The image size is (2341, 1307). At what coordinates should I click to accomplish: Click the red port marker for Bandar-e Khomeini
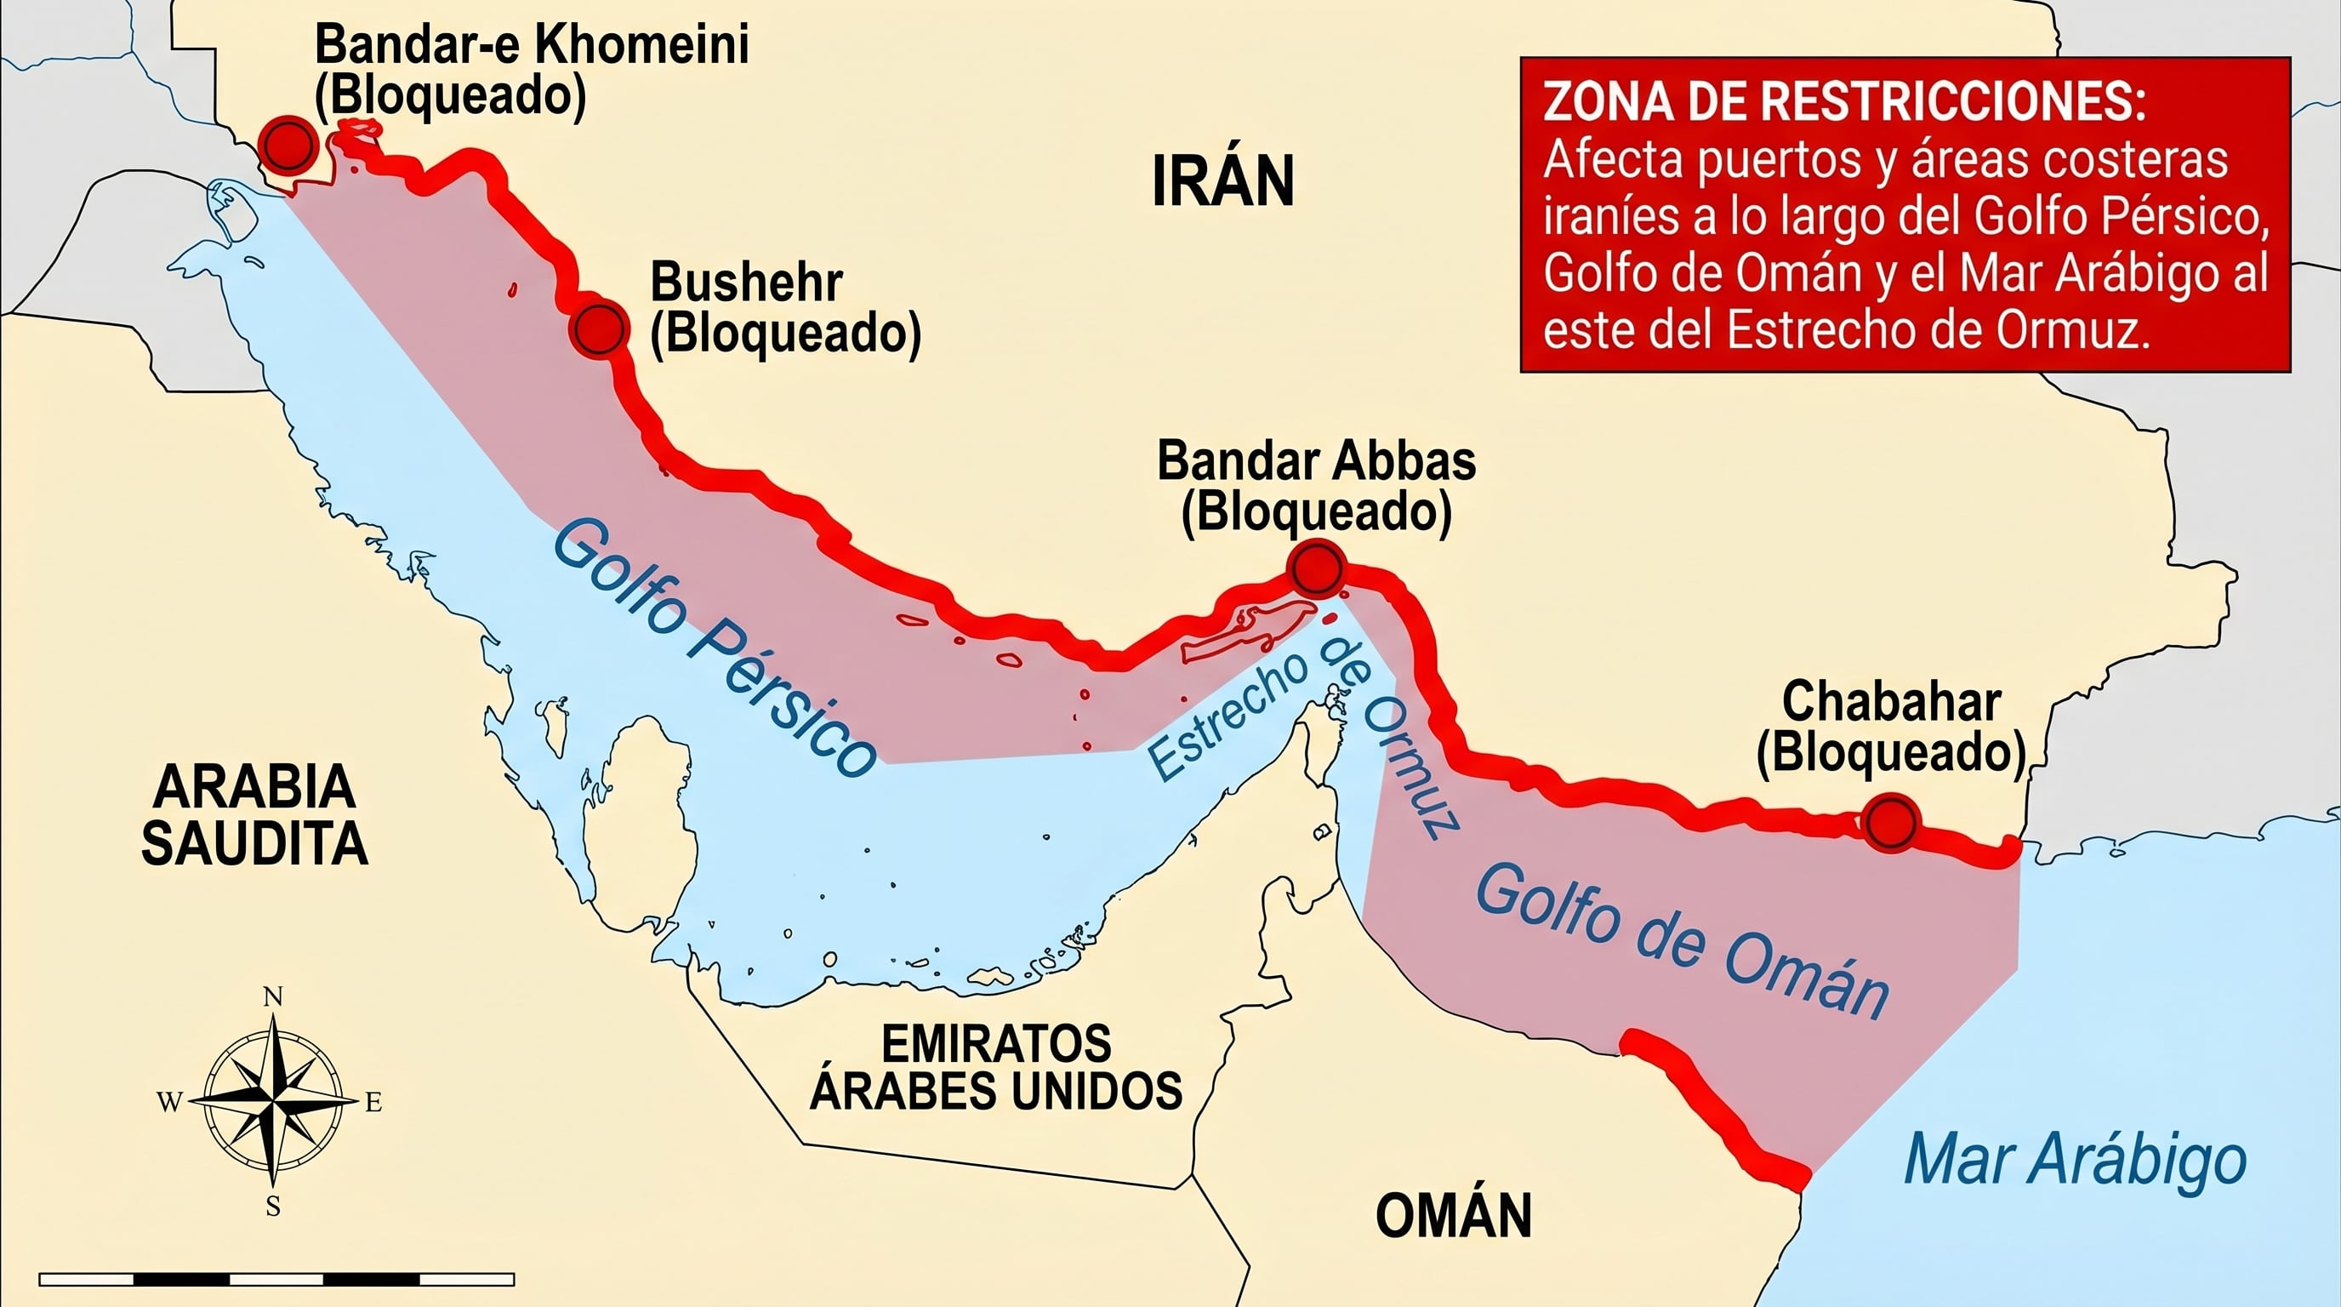(x=288, y=145)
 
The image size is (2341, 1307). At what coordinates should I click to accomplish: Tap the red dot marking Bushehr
(x=599, y=328)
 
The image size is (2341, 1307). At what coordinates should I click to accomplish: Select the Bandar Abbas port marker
(x=1316, y=569)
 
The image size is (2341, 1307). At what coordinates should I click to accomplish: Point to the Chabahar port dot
(x=1891, y=823)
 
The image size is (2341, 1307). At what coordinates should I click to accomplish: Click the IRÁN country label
(x=1222, y=182)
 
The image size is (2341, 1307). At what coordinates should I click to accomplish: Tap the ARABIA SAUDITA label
(x=253, y=814)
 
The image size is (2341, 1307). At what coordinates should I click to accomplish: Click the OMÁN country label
(x=1453, y=1215)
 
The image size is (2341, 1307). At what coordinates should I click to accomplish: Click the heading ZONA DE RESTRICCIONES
(x=1844, y=103)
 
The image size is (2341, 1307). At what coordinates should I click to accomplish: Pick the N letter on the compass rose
(x=272, y=997)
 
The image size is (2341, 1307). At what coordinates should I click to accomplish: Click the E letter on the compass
(x=373, y=1104)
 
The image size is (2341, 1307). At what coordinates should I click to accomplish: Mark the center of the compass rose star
(x=272, y=1102)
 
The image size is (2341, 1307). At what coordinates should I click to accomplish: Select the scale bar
(x=276, y=1279)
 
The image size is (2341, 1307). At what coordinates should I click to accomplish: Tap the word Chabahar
(x=1890, y=702)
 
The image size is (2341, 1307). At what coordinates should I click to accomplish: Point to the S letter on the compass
(x=272, y=1207)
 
